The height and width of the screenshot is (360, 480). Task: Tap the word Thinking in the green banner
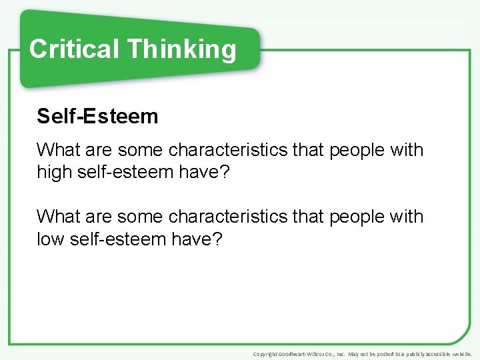(x=182, y=49)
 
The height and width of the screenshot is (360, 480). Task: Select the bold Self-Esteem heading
(x=97, y=117)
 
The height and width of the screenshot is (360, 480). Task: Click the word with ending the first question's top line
(x=406, y=150)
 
